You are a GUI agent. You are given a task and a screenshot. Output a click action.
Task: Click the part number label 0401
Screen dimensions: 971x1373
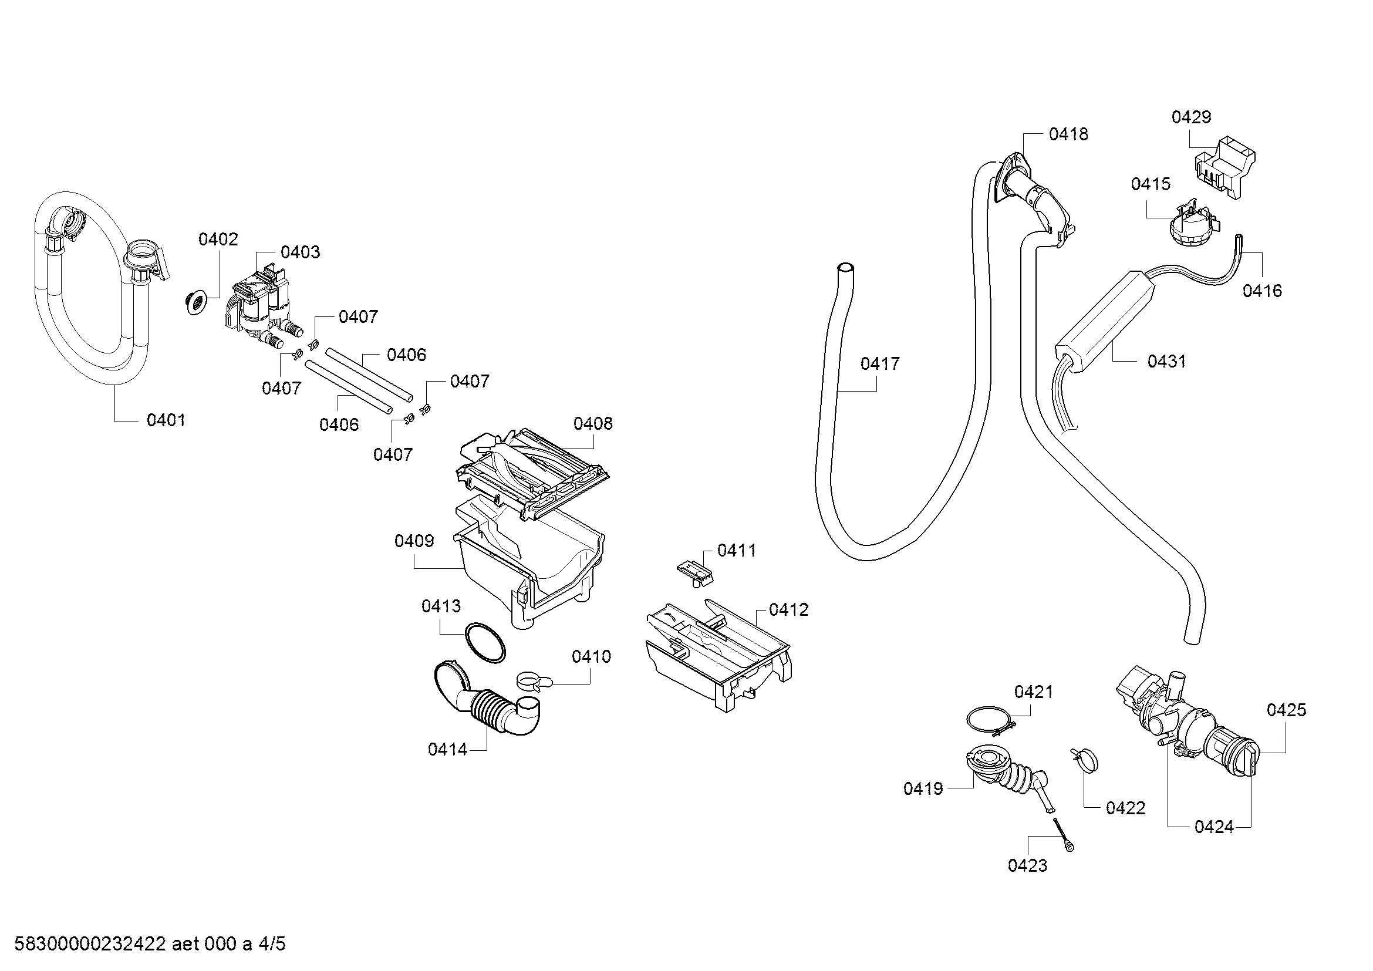(166, 420)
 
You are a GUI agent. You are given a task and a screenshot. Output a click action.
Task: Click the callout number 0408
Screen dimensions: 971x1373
(593, 424)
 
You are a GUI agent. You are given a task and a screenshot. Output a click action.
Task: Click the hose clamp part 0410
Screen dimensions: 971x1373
(533, 680)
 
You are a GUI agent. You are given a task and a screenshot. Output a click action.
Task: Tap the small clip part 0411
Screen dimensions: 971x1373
(696, 572)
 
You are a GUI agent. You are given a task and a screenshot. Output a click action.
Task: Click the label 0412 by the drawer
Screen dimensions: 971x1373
(789, 610)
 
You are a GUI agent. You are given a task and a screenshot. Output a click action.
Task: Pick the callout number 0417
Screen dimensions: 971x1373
(880, 363)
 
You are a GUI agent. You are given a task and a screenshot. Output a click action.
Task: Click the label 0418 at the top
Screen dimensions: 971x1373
(1068, 134)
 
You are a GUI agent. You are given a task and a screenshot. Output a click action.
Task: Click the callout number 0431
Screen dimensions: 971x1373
(1167, 361)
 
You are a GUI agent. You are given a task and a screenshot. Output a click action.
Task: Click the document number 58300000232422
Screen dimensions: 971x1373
(90, 945)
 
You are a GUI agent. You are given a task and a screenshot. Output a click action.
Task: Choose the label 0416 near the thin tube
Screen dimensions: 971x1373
(1263, 291)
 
